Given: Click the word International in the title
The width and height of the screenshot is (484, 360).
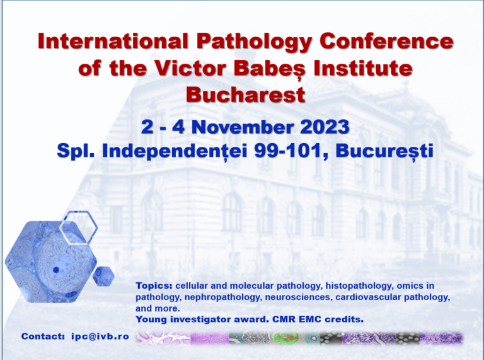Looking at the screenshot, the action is pos(113,41).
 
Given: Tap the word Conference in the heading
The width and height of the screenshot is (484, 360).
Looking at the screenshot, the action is pos(386,41).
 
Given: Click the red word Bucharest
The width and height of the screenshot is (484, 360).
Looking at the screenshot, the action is pos(246,95).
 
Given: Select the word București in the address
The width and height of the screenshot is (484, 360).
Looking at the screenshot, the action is pos(384,151).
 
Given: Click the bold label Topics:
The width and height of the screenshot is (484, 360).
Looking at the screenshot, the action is pos(154,286).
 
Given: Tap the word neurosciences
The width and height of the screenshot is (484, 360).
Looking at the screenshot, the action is pos(297,297).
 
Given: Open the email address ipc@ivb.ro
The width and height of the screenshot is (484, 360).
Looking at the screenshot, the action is pos(100,336).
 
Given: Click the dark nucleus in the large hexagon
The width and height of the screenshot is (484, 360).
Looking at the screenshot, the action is pos(56,270).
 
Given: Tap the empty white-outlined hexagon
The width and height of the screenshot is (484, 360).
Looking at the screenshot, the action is pos(79,227).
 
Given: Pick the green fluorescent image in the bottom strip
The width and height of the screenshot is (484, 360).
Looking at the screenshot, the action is pos(285,338).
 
